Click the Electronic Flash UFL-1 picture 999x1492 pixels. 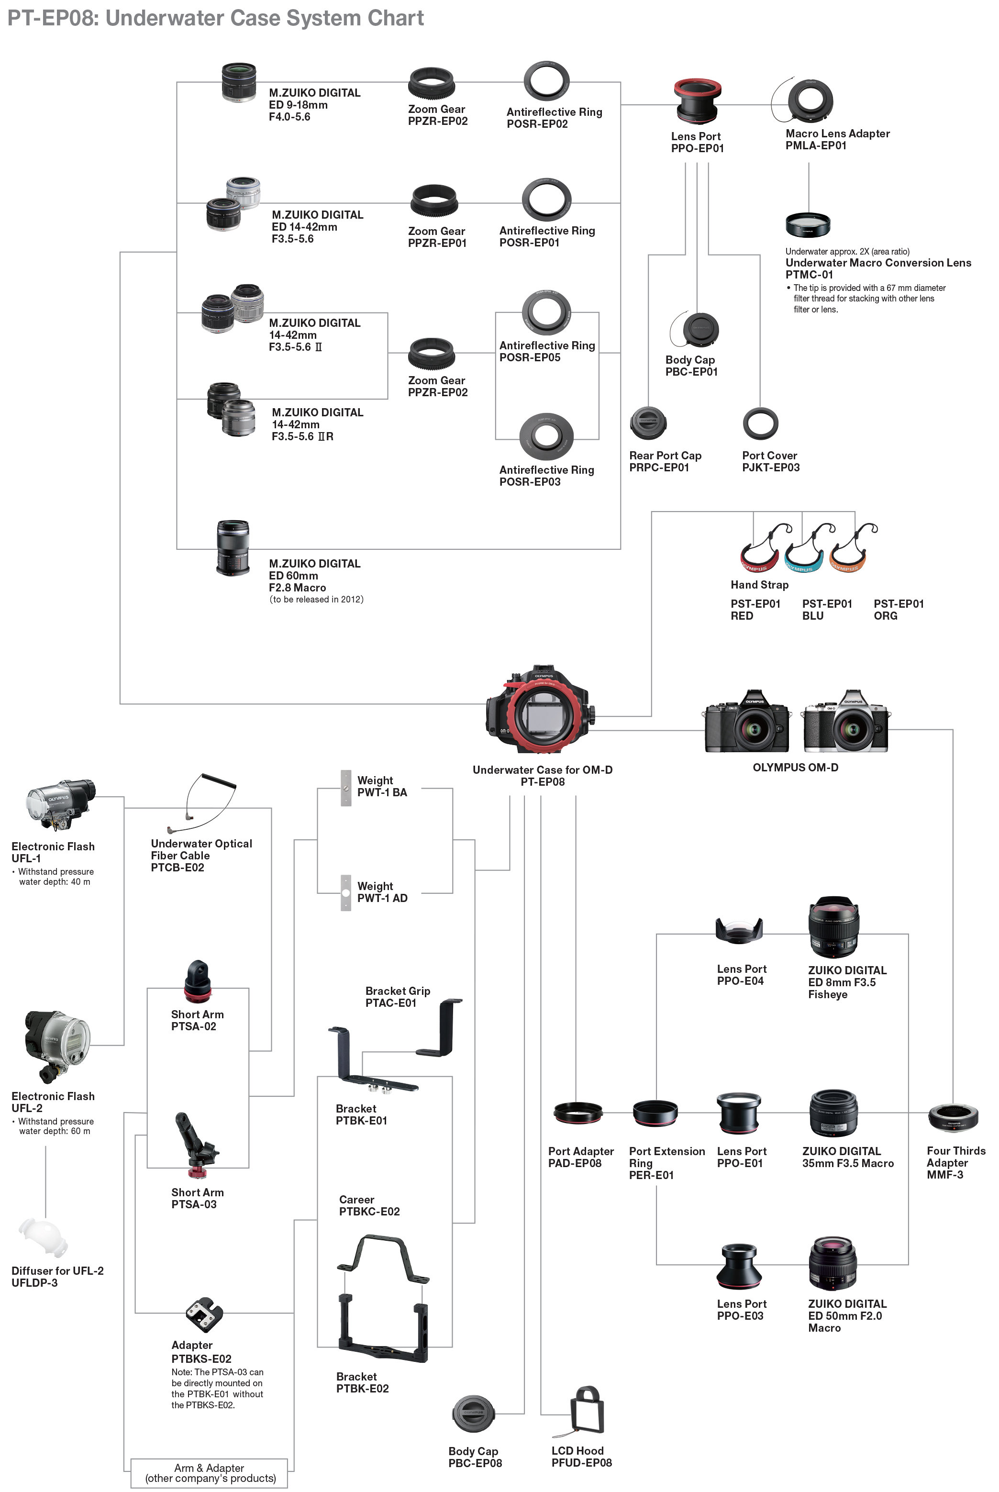click(x=59, y=804)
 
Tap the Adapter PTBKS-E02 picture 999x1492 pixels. click(x=204, y=1314)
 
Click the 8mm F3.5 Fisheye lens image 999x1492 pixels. click(x=833, y=927)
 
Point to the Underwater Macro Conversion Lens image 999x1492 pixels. click(x=807, y=224)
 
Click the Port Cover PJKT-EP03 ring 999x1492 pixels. click(x=760, y=423)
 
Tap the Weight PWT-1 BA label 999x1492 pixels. click(x=382, y=786)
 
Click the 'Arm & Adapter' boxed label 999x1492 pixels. click(x=210, y=1473)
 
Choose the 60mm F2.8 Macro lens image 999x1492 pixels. click(x=233, y=548)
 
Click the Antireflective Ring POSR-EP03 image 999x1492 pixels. click(x=546, y=436)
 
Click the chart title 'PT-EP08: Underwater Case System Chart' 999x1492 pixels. click(x=215, y=18)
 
